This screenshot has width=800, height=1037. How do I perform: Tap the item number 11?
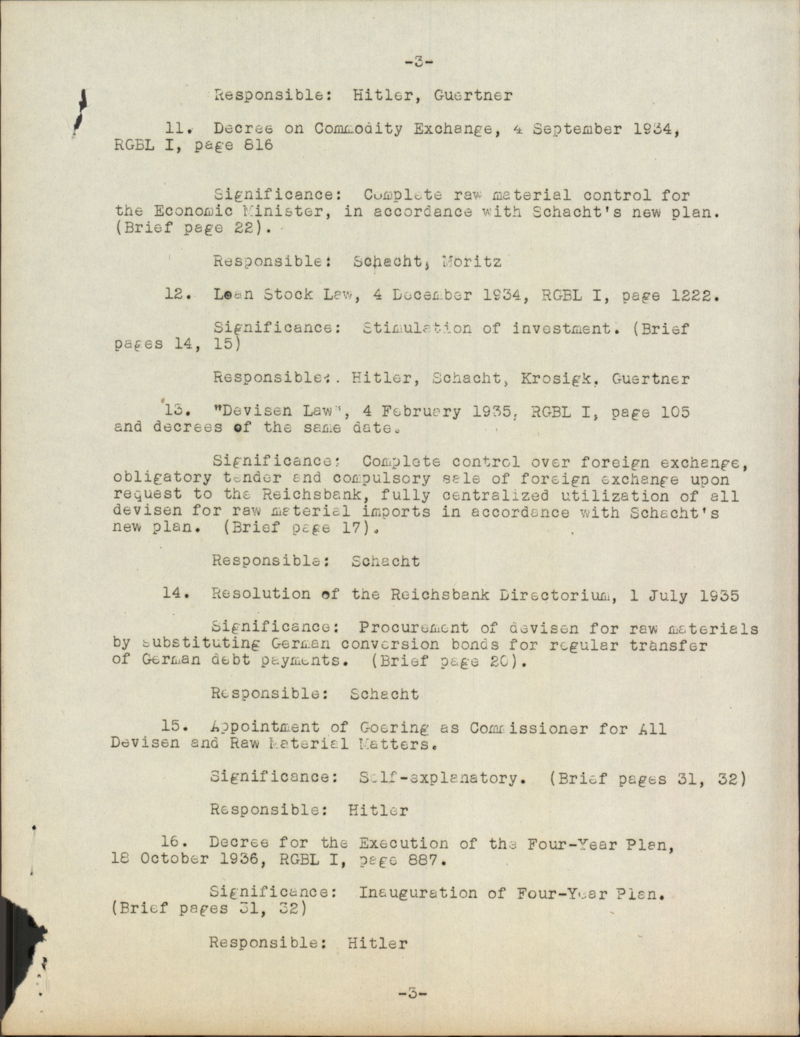coord(174,128)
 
